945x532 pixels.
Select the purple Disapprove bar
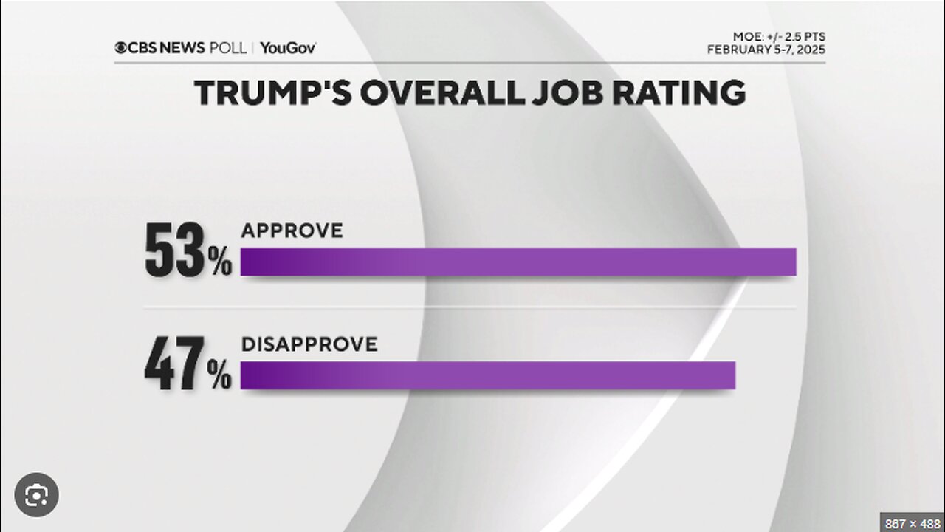pyautogui.click(x=487, y=375)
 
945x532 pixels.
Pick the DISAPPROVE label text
pyautogui.click(x=309, y=344)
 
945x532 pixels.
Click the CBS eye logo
pyautogui.click(x=120, y=48)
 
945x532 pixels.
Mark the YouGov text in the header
pyautogui.click(x=289, y=48)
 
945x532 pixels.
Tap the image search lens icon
pyautogui.click(x=35, y=495)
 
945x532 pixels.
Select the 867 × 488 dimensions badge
pyautogui.click(x=912, y=521)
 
